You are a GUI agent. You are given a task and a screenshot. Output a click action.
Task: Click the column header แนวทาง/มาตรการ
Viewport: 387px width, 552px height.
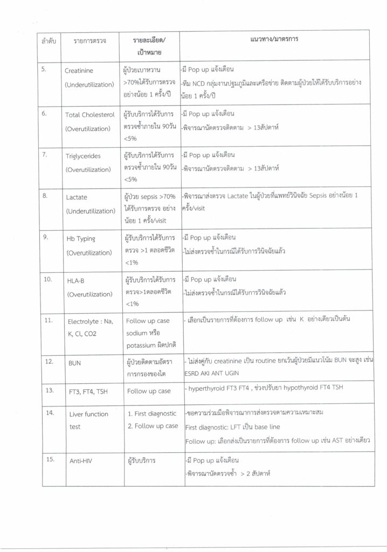275,40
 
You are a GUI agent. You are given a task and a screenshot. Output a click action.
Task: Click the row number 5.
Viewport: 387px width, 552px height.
45,69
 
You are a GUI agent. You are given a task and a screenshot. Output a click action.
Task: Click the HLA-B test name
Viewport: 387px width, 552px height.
75,281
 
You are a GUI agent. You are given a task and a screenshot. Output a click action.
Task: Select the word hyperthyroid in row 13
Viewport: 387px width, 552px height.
206,389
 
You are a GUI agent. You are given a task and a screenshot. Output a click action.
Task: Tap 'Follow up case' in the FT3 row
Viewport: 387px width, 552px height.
148,391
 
